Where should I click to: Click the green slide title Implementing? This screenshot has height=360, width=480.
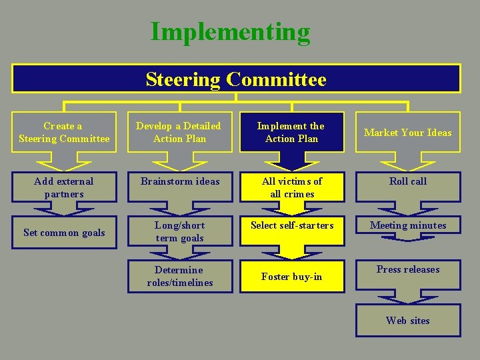click(230, 31)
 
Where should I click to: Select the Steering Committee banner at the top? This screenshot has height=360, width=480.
click(236, 79)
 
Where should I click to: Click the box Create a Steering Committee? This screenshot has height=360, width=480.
click(64, 132)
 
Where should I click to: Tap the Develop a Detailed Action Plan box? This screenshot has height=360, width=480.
click(178, 132)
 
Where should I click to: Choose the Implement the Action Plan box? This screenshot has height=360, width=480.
click(292, 132)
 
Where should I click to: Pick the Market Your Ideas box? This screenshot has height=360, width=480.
click(407, 132)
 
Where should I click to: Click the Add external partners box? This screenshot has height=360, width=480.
click(64, 187)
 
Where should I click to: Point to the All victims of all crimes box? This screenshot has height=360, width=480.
click(292, 187)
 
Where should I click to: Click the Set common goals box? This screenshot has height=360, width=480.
click(64, 233)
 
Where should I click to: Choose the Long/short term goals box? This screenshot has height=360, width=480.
click(180, 232)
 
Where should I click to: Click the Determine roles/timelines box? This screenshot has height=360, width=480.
click(180, 276)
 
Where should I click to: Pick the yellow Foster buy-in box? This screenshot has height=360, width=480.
click(292, 277)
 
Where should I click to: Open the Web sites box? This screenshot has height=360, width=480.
click(407, 321)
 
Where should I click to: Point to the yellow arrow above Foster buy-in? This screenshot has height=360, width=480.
click(292, 250)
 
